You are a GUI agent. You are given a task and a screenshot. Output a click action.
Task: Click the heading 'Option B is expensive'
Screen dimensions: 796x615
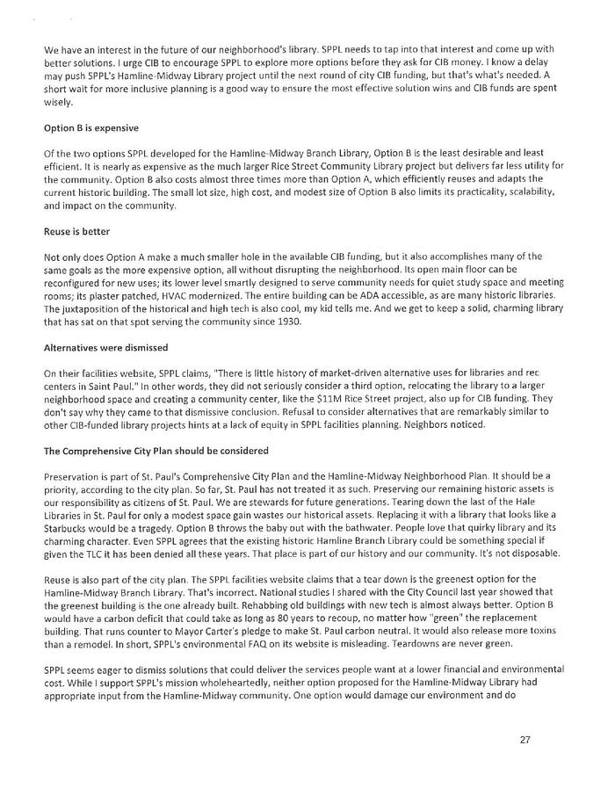(x=90, y=128)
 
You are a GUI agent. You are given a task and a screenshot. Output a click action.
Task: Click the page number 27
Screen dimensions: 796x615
(x=525, y=740)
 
